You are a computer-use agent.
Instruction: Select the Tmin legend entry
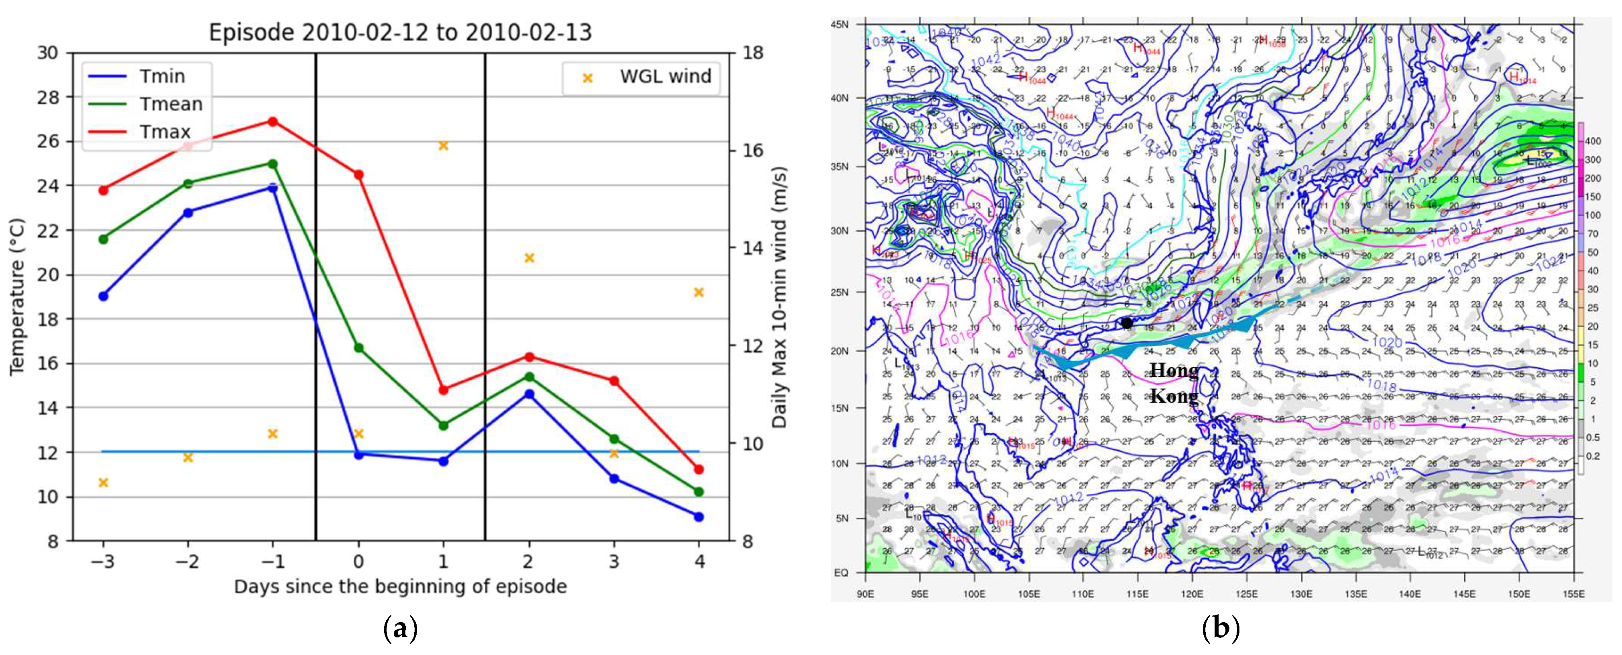pos(162,76)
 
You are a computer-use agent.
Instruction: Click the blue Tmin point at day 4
pos(698,517)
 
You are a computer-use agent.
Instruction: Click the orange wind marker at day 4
pos(698,292)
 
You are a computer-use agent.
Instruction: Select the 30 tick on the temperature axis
pos(48,53)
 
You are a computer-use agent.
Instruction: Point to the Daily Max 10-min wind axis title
pos(780,296)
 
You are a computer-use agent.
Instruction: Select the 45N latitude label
pos(839,24)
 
